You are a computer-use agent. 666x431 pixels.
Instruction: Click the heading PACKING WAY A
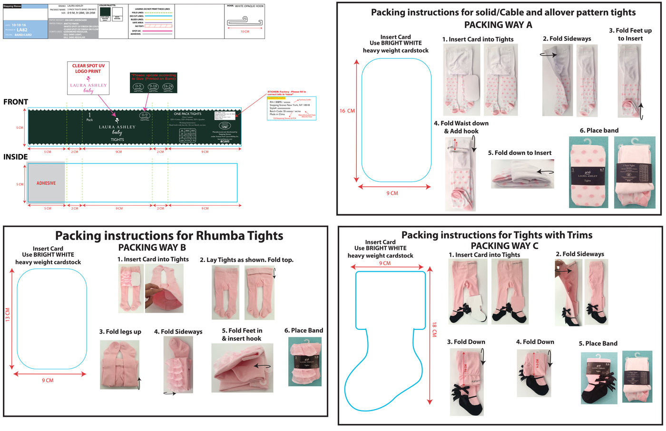pyautogui.click(x=498, y=25)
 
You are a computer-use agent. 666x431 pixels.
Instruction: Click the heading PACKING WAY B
pyautogui.click(x=152, y=248)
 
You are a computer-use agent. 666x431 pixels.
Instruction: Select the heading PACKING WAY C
pyautogui.click(x=504, y=246)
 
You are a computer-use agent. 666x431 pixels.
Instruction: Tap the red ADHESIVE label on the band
pyautogui.click(x=46, y=183)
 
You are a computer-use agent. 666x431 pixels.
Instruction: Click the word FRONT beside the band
pyautogui.click(x=16, y=102)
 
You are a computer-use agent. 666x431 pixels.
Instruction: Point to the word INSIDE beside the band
pyautogui.click(x=16, y=157)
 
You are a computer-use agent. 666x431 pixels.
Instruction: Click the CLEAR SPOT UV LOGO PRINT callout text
pyautogui.click(x=88, y=68)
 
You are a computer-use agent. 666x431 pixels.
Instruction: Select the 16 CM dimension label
pyautogui.click(x=347, y=111)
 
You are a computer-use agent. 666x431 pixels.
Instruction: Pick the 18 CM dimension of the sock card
pyautogui.click(x=434, y=329)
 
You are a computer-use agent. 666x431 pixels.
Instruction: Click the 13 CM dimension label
pyautogui.click(x=8, y=315)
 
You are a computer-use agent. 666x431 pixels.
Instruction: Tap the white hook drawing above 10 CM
pyautogui.click(x=245, y=22)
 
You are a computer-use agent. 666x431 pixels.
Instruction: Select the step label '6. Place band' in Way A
pyautogui.click(x=599, y=130)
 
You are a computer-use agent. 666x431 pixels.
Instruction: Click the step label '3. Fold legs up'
pyautogui.click(x=120, y=332)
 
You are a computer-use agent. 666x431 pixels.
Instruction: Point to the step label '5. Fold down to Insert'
pyautogui.click(x=519, y=153)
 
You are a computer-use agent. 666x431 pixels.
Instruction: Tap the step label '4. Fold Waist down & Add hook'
pyautogui.click(x=461, y=127)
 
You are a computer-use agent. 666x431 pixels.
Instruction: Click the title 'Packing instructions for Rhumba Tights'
pyautogui.click(x=169, y=236)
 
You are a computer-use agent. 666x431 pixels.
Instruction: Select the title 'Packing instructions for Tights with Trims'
pyautogui.click(x=497, y=235)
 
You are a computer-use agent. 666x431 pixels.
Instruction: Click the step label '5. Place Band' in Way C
pyautogui.click(x=598, y=344)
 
